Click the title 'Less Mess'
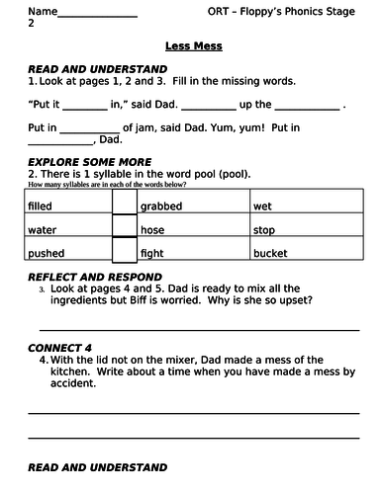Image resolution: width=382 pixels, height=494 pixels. [x=194, y=45]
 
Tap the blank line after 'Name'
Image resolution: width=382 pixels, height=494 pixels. [x=98, y=13]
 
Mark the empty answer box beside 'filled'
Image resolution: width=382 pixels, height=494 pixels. [x=124, y=206]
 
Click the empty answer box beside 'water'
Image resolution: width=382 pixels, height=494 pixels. [x=124, y=229]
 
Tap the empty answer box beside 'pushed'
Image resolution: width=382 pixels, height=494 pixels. [x=124, y=252]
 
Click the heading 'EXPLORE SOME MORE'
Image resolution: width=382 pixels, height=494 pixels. [x=90, y=161]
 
